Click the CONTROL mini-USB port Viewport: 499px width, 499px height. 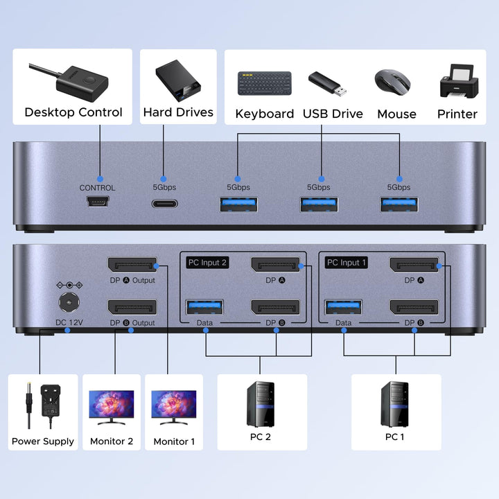click(97, 203)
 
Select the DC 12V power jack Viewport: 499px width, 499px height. click(68, 302)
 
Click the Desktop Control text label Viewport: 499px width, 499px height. click(73, 112)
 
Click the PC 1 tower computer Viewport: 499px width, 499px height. click(395, 403)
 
